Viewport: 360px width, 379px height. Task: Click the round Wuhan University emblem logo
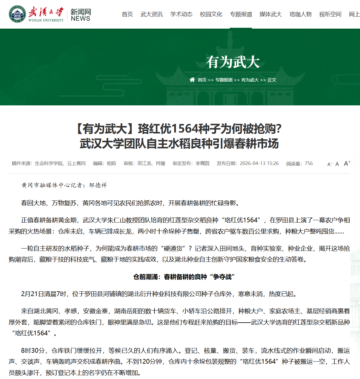click(x=17, y=14)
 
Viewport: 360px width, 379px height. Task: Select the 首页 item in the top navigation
click(x=127, y=14)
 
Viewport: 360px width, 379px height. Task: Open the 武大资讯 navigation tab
click(x=152, y=14)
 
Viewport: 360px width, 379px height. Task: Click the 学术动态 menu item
click(x=181, y=14)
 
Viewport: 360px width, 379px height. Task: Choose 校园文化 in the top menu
click(x=211, y=14)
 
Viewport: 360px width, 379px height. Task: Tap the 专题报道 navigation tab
click(x=241, y=14)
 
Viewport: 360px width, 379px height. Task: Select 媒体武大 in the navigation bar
click(x=271, y=14)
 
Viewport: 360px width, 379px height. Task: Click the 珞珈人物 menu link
click(x=300, y=14)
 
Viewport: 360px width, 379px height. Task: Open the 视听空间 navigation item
click(x=330, y=14)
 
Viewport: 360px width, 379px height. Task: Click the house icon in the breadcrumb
click(x=192, y=80)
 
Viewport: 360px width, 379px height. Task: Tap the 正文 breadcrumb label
click(x=272, y=80)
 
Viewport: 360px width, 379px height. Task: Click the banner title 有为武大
click(x=233, y=62)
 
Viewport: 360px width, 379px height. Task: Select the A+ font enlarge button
click(x=347, y=164)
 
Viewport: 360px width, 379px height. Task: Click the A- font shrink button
click(x=330, y=164)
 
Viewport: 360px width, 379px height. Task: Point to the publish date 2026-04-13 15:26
click(x=259, y=164)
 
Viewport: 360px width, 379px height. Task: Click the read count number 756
click(x=309, y=164)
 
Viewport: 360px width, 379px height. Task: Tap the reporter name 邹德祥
click(x=98, y=185)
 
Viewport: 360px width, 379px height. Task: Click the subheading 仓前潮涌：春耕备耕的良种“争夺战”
click(x=184, y=277)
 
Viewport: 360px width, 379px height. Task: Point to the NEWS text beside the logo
click(x=80, y=19)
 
